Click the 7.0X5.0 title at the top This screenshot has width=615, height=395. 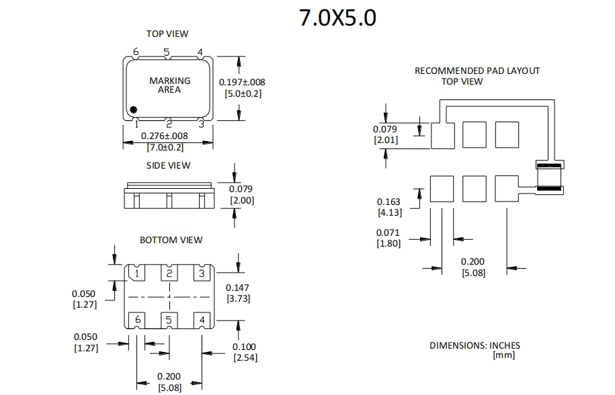pos(337,18)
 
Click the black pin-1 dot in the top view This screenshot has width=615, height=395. pos(134,109)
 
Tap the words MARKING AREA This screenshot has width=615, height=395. pos(169,85)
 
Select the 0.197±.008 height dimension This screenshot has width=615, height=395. pos(242,82)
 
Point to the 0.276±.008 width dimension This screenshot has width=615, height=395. pos(165,136)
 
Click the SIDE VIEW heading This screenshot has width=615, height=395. pos(168,165)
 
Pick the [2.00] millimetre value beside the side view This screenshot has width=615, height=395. pos(242,200)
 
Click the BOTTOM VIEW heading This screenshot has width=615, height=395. pos(171,240)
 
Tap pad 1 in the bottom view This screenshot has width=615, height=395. pos(137,273)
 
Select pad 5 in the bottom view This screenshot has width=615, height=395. pos(169,320)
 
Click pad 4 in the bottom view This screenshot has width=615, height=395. pos(202,320)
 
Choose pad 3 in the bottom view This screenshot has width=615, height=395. pos(202,273)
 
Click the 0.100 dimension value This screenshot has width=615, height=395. pos(245,347)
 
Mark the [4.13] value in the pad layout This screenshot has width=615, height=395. pos(388,212)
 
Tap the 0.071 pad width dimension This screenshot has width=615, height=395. pos(388,233)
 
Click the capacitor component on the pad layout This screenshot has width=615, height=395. pos(548,177)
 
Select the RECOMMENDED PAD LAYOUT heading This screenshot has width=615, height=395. pos(477,71)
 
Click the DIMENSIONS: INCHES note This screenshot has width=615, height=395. pos(475,345)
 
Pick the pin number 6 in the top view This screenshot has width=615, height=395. pos(136,52)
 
